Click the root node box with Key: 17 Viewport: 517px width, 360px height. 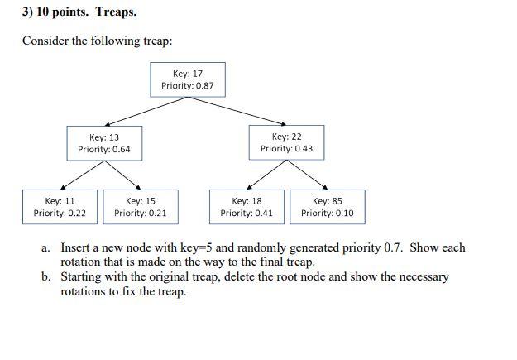(188, 79)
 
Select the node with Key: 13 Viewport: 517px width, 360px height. (104, 142)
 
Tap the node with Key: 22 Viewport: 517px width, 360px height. (286, 142)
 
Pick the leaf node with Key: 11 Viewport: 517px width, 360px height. (60, 207)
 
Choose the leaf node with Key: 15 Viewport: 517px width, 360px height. (140, 207)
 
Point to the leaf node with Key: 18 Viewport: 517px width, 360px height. (247, 207)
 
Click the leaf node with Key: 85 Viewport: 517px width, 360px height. (327, 207)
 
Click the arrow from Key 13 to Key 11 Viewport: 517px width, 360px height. (82, 175)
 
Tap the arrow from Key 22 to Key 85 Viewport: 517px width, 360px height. (307, 175)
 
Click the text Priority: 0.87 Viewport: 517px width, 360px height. (188, 86)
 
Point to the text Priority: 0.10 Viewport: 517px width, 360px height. (327, 214)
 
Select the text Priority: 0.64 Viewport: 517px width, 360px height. (104, 150)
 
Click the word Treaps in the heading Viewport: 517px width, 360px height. (116, 12)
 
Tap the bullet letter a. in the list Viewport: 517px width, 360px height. (46, 247)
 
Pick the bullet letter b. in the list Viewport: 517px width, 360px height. (46, 277)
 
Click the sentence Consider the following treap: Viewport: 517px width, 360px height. (97, 41)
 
